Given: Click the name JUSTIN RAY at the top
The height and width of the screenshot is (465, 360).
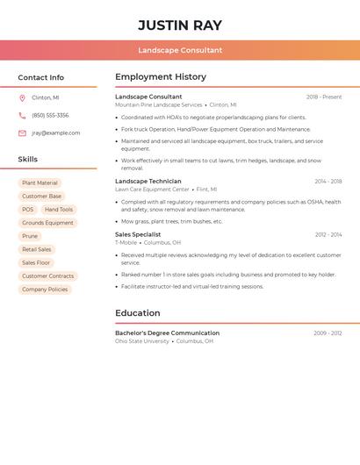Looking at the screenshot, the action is [x=180, y=25].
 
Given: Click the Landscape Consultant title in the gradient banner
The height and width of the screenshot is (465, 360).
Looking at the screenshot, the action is [x=180, y=50].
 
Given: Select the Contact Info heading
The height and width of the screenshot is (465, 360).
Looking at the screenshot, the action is [x=40, y=77].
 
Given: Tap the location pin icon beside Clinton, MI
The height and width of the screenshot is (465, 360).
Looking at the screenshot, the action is [x=22, y=97].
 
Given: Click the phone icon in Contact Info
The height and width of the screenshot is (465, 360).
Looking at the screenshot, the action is [x=22, y=115].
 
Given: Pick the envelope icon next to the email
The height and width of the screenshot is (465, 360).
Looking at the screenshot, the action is [x=22, y=133].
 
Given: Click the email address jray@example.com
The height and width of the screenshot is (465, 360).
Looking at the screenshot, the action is [x=55, y=133].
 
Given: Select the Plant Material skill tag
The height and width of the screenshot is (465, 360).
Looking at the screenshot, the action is [x=40, y=183].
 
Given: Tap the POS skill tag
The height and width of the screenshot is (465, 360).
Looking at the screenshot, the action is [x=28, y=210].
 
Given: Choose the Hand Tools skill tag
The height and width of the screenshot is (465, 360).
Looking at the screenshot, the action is [x=59, y=210].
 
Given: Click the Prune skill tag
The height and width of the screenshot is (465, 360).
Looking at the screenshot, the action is [x=30, y=236].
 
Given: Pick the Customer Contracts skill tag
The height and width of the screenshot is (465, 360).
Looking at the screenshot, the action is [x=47, y=276].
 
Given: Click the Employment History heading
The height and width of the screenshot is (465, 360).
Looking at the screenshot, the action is [x=161, y=77].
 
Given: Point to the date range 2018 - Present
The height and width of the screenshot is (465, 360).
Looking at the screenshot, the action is [x=324, y=97].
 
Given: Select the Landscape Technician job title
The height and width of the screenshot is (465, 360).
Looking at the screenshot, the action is [x=148, y=182].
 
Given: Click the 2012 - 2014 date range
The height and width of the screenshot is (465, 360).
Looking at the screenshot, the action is [x=328, y=235].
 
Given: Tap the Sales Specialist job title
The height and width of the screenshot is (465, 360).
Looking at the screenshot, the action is [x=138, y=235].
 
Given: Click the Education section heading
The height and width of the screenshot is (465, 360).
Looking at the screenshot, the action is [x=138, y=313].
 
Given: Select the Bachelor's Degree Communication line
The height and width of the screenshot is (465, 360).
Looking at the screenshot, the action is [x=167, y=333].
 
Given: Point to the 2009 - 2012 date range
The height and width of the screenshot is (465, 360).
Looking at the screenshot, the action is [x=328, y=333].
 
